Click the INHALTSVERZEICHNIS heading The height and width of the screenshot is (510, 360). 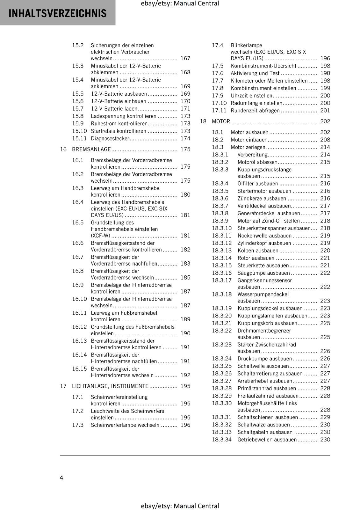coord(58,13)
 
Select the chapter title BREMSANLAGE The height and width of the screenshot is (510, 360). coord(91,149)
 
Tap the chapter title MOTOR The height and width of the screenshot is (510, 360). coord(221,121)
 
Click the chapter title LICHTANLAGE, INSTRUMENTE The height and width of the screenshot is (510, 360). coord(110,386)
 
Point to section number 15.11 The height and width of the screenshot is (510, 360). coord(79,138)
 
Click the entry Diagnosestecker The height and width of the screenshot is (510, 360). coord(110,138)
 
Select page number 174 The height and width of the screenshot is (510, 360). coord(185,138)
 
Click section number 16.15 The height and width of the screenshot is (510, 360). coord(79,369)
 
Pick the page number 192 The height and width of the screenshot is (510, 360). coord(185,375)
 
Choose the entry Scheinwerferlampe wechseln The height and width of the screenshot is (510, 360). coord(125,425)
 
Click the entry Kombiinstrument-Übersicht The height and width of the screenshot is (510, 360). coord(263,66)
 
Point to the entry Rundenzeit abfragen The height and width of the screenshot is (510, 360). coord(255,111)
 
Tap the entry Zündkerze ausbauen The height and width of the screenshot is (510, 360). coord(257,198)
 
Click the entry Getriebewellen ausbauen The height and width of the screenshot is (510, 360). coord(267,440)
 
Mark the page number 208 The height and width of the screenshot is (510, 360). coord(325,140)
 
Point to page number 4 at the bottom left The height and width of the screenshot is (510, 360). coord(61,477)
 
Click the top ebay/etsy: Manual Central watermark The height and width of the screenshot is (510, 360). coord(180,4)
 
